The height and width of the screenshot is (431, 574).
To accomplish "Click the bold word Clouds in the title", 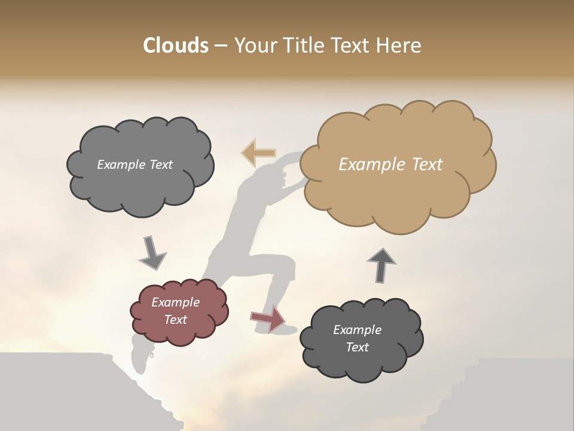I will (x=176, y=45).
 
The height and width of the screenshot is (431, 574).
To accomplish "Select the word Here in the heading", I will (x=399, y=45).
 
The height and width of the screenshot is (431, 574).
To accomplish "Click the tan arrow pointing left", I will (x=259, y=153).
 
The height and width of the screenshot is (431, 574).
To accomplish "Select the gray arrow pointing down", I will (x=152, y=253).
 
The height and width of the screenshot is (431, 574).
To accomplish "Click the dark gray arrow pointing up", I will (x=381, y=265).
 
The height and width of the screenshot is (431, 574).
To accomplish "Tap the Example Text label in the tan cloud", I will (x=390, y=165).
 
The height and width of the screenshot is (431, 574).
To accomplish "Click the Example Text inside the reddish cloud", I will (x=175, y=311).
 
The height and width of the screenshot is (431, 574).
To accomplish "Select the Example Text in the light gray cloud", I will (x=135, y=165).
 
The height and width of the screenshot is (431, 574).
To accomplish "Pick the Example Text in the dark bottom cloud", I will (x=357, y=338).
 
